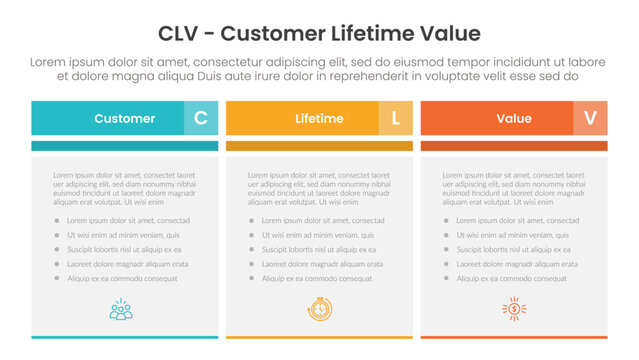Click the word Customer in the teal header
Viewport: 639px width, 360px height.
[124, 118]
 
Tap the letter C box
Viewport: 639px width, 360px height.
[200, 118]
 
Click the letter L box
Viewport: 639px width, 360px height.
[395, 118]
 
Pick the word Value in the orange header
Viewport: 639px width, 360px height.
[513, 118]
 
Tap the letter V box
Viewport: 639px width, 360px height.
[590, 118]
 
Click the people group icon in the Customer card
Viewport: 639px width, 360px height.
[122, 309]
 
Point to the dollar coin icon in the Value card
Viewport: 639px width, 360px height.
[514, 309]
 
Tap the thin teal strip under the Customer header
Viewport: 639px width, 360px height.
[124, 146]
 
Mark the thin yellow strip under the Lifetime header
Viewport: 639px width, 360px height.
[319, 146]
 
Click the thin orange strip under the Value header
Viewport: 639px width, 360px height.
[513, 146]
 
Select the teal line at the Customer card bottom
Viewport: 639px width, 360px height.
[124, 337]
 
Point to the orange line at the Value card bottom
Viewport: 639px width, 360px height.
[513, 337]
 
